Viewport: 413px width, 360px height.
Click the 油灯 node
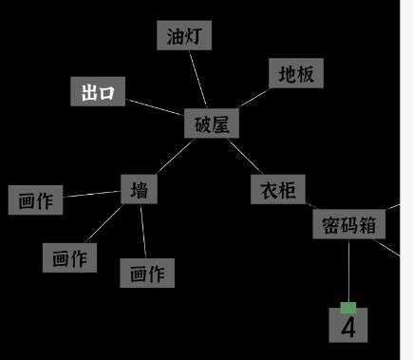point(184,35)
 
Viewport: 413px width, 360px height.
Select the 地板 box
point(296,73)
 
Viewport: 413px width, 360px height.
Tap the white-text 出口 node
point(98,91)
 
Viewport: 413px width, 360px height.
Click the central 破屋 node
point(212,123)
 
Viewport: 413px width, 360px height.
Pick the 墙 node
point(140,189)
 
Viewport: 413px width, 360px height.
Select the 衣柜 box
point(278,189)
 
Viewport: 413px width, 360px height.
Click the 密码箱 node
point(349,224)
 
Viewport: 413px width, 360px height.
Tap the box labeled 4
point(348,325)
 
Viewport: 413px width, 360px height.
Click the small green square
point(348,308)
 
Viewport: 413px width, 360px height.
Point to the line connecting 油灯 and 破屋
point(198,80)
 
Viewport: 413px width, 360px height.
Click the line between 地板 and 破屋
point(253,98)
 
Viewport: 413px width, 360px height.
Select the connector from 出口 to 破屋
point(155,107)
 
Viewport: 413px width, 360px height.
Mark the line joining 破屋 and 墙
point(176,157)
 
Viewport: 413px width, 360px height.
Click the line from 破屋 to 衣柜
point(245,157)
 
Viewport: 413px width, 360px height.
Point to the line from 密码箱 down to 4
point(348,271)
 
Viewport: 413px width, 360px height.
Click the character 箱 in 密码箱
point(367,225)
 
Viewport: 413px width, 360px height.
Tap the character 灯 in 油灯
point(194,36)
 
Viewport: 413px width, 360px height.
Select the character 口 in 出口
point(106,93)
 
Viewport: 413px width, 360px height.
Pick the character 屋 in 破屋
point(220,124)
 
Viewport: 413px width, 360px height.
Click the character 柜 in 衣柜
point(288,190)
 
